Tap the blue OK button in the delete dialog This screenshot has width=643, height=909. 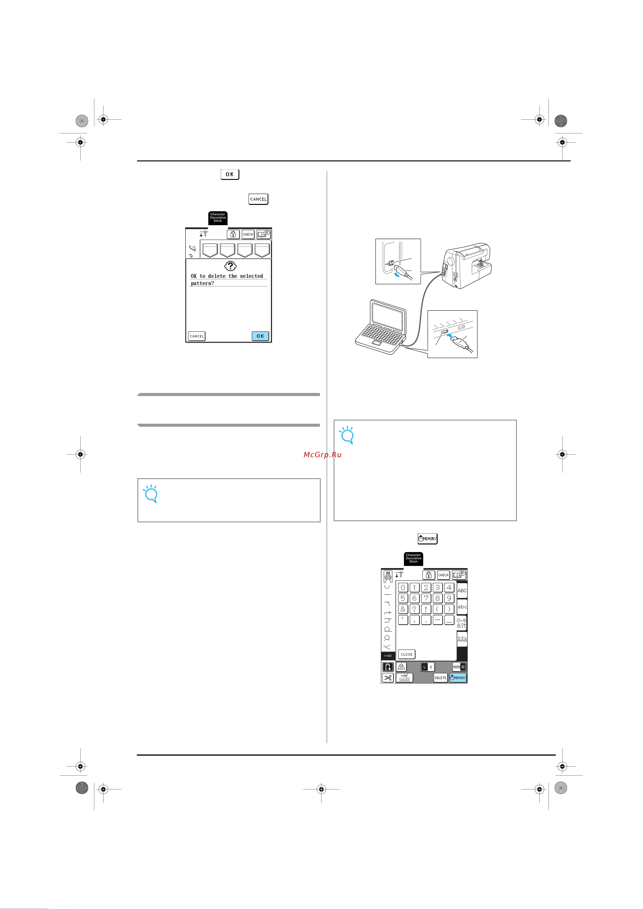pyautogui.click(x=260, y=336)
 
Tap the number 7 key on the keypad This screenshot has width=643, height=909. pyautogui.click(x=426, y=598)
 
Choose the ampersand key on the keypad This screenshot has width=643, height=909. pyautogui.click(x=403, y=609)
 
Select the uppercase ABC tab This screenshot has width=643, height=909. pyautogui.click(x=462, y=590)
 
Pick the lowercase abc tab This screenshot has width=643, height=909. pyautogui.click(x=462, y=606)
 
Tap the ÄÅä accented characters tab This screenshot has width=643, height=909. pyautogui.click(x=462, y=639)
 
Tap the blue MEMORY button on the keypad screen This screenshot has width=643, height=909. pyautogui.click(x=458, y=678)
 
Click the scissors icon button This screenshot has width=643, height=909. pyautogui.click(x=388, y=678)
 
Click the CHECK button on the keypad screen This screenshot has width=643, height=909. pyautogui.click(x=443, y=575)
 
